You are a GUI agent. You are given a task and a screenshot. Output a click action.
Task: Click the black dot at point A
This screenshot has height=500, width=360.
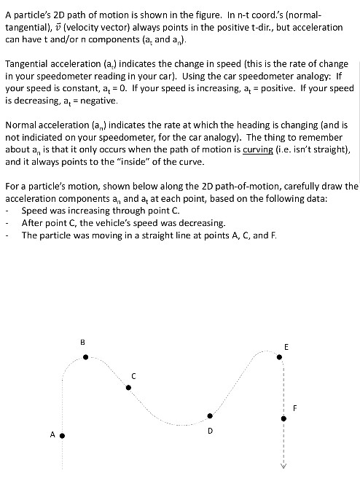(62, 436)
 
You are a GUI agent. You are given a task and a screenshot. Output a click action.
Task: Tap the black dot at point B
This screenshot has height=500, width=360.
(86, 357)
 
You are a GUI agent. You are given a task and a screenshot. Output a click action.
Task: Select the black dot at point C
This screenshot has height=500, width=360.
(128, 387)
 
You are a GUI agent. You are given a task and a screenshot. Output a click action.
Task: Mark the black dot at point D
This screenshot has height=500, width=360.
(210, 415)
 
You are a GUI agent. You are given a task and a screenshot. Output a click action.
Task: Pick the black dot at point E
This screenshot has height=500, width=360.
(279, 357)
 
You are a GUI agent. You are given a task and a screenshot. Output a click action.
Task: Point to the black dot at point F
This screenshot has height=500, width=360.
(284, 418)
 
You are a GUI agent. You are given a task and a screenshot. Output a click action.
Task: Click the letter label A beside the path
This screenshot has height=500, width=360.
(52, 434)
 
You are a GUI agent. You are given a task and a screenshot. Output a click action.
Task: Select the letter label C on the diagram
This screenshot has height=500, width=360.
(133, 375)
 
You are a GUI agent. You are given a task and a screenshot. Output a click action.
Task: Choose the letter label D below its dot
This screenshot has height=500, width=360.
(210, 431)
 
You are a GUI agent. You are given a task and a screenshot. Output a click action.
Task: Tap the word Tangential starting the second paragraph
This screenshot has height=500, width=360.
(29, 63)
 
